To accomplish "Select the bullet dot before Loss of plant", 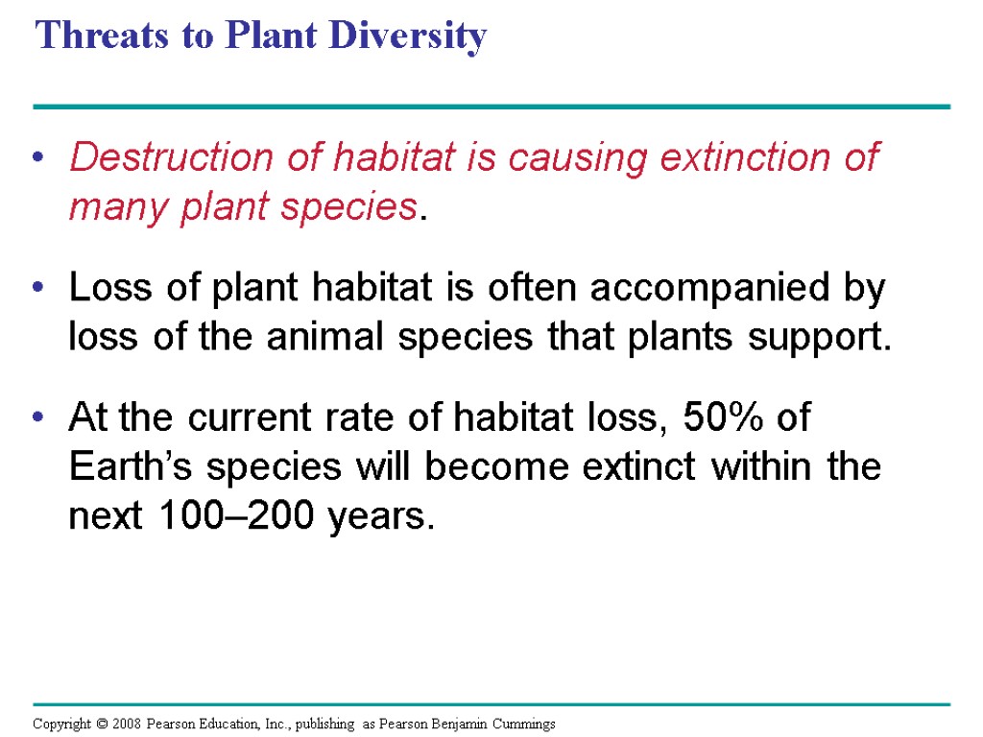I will (38, 290).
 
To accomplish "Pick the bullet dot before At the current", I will (38, 420).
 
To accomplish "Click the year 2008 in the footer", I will (123, 724).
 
